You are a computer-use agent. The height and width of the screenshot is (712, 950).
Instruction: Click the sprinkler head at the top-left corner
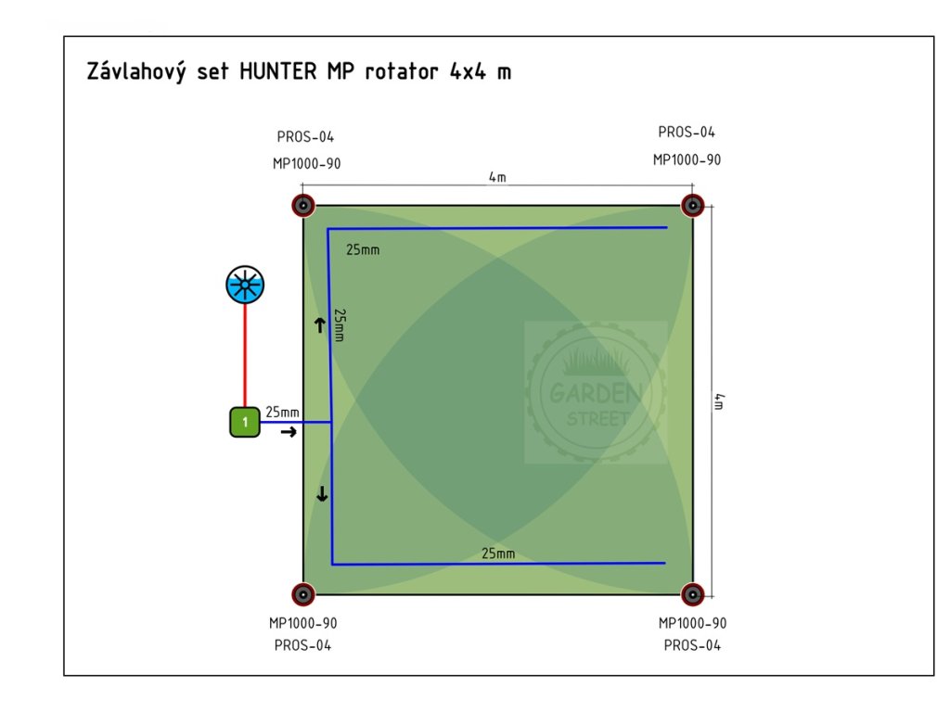[x=302, y=205]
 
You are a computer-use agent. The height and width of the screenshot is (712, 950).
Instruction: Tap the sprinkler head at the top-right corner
[x=691, y=204]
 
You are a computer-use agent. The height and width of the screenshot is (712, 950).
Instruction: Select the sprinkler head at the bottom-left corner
[x=302, y=594]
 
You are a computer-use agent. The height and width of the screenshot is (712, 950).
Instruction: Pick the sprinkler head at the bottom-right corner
[x=691, y=594]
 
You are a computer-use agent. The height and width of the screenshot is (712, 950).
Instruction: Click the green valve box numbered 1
[x=245, y=422]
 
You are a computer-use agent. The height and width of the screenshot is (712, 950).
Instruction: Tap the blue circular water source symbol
[x=245, y=285]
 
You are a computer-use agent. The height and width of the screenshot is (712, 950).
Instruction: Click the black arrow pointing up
[x=320, y=324]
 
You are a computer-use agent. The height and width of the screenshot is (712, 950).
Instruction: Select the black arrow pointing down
[x=322, y=494]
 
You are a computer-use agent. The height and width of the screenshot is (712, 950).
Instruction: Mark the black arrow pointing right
[x=289, y=432]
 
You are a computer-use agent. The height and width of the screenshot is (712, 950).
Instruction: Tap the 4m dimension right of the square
[x=720, y=400]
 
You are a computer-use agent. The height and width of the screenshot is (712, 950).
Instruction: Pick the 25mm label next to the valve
[x=282, y=412]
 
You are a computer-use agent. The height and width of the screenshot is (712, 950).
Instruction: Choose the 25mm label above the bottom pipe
[x=498, y=553]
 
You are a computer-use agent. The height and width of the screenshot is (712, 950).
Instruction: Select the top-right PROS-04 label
[x=687, y=133]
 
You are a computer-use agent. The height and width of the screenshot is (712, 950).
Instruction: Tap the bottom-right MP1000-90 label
[x=692, y=623]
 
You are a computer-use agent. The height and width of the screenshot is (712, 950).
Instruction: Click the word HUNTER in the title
[x=277, y=72]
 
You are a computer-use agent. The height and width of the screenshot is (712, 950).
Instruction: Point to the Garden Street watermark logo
[x=596, y=392]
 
